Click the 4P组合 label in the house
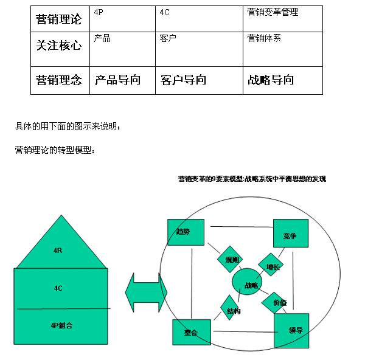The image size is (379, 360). coord(61,325)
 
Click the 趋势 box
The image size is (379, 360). coord(186,233)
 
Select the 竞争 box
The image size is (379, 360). coord(290,235)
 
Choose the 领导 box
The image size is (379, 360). coord(291,330)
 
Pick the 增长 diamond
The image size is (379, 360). coord(271,265)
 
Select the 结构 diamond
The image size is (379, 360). coord(233,310)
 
